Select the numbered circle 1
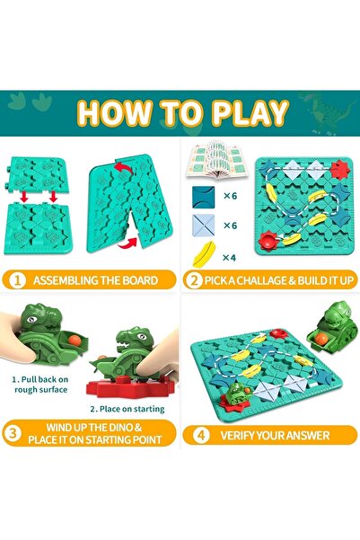[16, 280]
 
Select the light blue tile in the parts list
[205, 227]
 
